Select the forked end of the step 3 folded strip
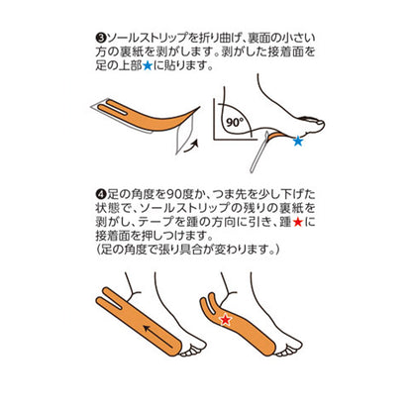coord(109,105)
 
